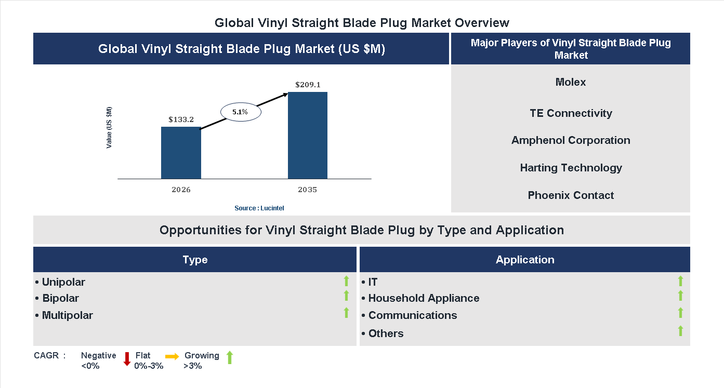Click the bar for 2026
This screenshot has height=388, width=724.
point(181,153)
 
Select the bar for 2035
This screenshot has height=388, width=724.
point(308,136)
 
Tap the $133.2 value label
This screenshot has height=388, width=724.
point(181,119)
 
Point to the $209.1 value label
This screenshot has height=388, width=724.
point(308,85)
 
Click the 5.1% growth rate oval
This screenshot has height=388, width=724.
point(240,112)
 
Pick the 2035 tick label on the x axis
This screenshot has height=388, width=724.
point(308,190)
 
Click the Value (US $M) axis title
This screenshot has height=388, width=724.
point(109,127)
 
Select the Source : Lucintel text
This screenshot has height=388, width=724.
point(259,208)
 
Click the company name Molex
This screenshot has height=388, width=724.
point(570,82)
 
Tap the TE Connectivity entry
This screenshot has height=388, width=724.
point(570,113)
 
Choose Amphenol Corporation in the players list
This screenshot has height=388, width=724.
point(570,140)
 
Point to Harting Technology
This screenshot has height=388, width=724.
point(570,168)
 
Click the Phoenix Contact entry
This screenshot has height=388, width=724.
point(570,195)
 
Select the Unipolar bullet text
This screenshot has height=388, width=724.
point(63,282)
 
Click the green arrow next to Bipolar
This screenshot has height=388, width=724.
point(346,296)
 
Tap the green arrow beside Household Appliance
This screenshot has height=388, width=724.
point(680,296)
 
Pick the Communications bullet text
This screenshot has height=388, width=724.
point(412,315)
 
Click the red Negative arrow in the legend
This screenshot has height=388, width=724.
point(127,359)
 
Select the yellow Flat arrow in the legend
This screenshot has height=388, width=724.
point(172,356)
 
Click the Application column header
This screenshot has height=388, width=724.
point(524,260)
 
